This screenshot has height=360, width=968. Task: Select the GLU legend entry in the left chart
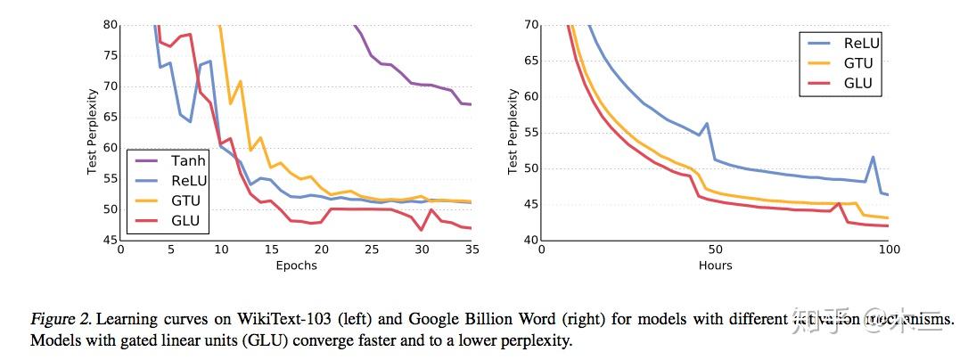pyautogui.click(x=186, y=221)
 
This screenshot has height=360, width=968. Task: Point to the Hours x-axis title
pyautogui.click(x=715, y=265)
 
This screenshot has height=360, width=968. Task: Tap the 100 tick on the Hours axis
pyautogui.click(x=888, y=251)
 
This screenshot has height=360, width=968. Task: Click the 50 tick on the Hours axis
pyautogui.click(x=715, y=251)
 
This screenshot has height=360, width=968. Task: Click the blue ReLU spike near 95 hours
pyautogui.click(x=873, y=157)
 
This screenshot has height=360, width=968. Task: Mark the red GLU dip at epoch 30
pyautogui.click(x=422, y=230)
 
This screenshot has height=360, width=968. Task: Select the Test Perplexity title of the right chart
pyautogui.click(x=513, y=132)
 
